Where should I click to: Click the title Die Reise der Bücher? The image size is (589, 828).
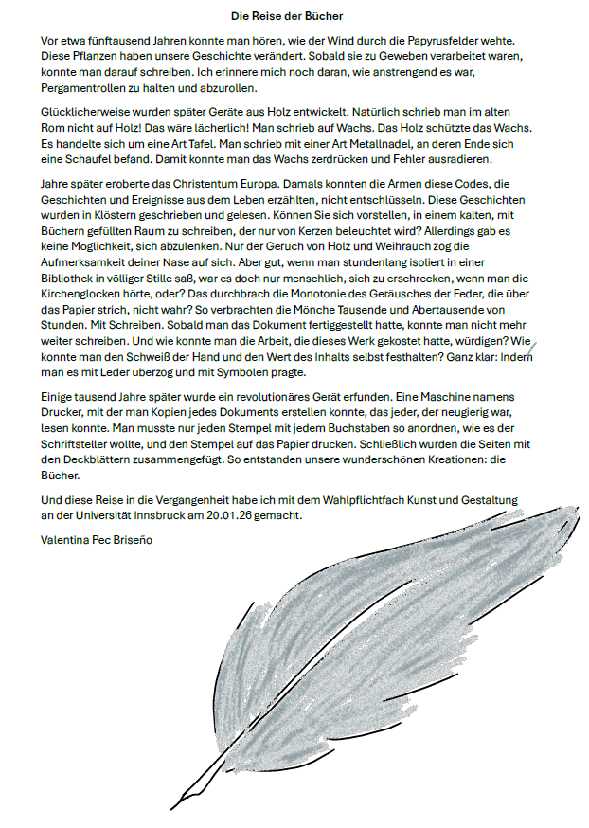point(287,16)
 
